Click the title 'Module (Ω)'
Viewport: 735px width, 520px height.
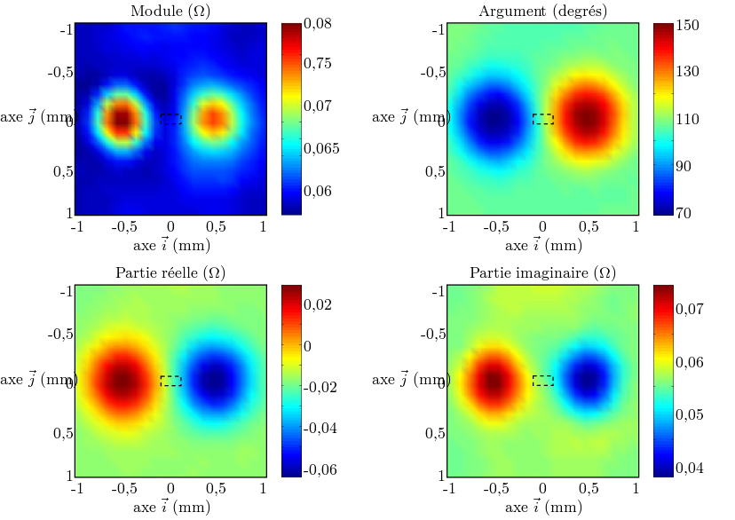[170, 12]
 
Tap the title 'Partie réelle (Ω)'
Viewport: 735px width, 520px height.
[170, 272]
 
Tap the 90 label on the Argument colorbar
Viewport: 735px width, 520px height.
[686, 166]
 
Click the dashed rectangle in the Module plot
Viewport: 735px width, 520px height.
[171, 119]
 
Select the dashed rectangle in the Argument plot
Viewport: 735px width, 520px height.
[543, 119]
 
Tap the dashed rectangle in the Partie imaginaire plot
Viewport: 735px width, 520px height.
[543, 381]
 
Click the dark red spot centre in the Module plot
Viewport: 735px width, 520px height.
[122, 117]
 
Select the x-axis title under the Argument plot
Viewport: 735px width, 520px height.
[543, 245]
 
